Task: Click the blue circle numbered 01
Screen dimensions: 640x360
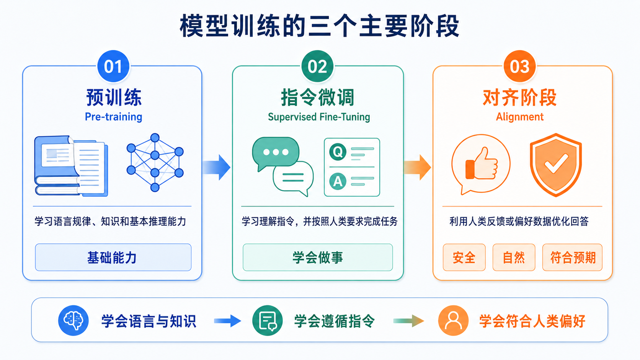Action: click(x=113, y=66)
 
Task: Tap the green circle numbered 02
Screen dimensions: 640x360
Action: click(x=317, y=66)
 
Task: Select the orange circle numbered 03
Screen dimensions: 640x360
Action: click(x=520, y=66)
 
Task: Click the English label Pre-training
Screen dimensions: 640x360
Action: click(x=113, y=117)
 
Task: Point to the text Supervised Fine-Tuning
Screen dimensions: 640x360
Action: click(x=319, y=117)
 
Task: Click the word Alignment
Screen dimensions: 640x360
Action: click(x=520, y=117)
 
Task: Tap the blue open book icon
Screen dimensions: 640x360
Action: click(x=71, y=166)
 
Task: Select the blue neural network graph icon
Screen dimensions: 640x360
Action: click(x=155, y=163)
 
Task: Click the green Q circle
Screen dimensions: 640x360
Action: click(x=338, y=152)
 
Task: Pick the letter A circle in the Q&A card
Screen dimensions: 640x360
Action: click(x=338, y=181)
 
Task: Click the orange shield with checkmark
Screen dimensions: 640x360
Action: click(x=556, y=165)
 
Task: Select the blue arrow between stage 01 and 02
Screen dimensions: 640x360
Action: click(x=216, y=167)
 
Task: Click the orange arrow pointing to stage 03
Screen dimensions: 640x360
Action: click(x=418, y=167)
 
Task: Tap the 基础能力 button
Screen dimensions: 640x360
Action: click(x=113, y=257)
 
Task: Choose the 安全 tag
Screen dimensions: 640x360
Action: click(x=464, y=257)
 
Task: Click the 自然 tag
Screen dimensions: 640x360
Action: click(x=514, y=257)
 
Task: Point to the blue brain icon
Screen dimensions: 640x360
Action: click(x=73, y=320)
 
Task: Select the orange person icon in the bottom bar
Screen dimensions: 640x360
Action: click(x=454, y=320)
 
